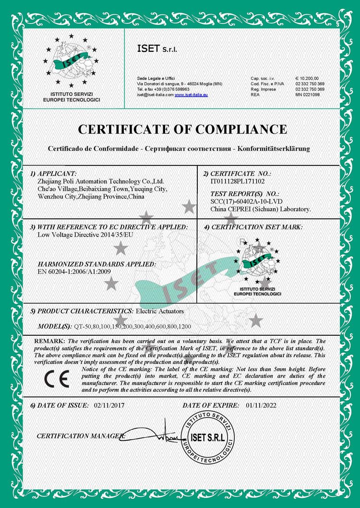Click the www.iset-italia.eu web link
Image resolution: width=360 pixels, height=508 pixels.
click(191, 95)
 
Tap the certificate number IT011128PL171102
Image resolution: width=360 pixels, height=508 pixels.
click(238, 182)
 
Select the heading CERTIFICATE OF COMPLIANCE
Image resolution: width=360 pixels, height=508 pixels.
click(182, 130)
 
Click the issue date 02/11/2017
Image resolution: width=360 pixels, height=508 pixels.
click(109, 405)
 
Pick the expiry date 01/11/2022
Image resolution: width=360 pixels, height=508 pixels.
click(261, 405)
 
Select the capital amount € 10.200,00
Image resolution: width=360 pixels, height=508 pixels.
click(307, 78)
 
